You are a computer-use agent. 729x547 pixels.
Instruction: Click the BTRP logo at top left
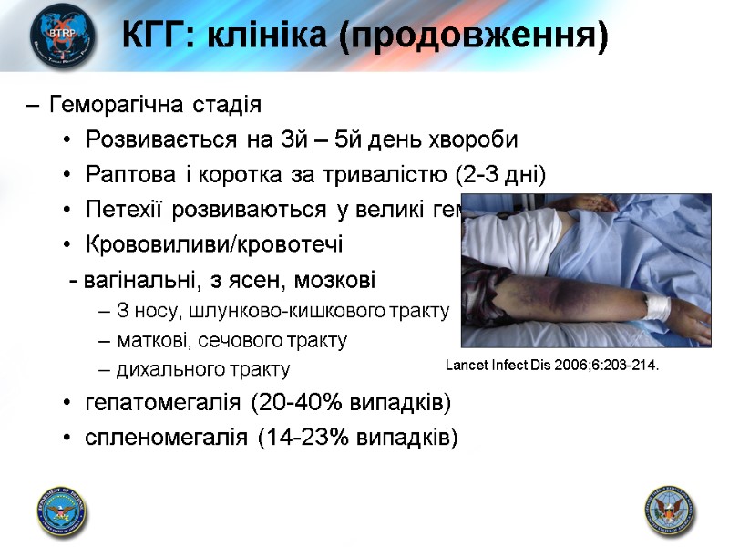61,36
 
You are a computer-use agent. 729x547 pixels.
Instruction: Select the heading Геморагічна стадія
156,105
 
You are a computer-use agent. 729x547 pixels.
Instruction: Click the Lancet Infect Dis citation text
550,366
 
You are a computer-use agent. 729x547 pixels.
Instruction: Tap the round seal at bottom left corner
61,509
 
